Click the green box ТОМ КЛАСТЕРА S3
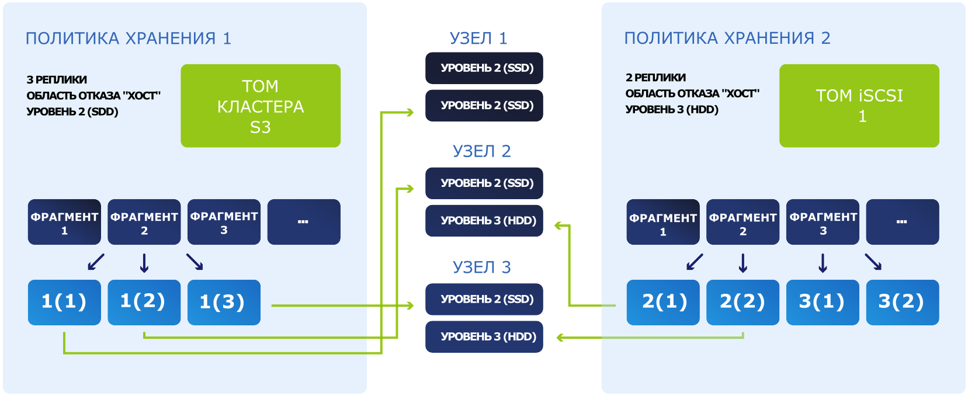tap(261, 106)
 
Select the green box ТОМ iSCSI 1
tap(859, 106)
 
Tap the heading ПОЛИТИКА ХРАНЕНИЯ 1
tap(129, 39)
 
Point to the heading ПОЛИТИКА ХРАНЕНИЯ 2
tap(727, 38)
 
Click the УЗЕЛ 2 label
tap(482, 151)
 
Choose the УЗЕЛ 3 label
tap(482, 268)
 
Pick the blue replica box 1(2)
tap(144, 303)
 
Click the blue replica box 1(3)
tap(224, 303)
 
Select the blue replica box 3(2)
tap(903, 303)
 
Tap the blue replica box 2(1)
tap(663, 303)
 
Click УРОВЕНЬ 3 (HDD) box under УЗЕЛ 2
tap(484, 221)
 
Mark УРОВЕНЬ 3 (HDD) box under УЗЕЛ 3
tap(484, 337)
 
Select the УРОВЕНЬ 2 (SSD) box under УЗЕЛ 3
tap(484, 299)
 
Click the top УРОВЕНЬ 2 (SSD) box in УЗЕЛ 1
tap(484, 68)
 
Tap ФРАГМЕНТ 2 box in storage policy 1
tap(144, 222)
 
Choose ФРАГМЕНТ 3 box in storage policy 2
tap(823, 222)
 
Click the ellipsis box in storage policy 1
tap(304, 222)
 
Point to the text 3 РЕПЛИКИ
tap(57, 80)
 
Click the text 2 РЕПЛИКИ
tap(655, 78)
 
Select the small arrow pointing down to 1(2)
tap(144, 263)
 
